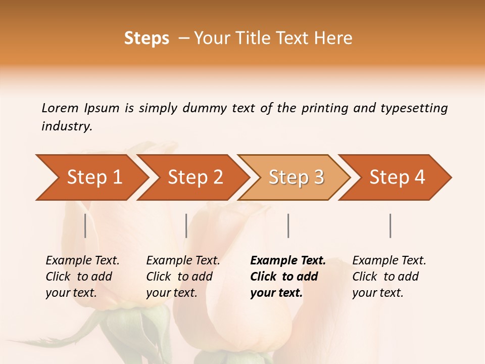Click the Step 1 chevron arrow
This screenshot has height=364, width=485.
pyautogui.click(x=94, y=177)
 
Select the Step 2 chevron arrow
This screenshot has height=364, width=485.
pyautogui.click(x=196, y=177)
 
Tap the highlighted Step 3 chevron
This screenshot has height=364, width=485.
pyautogui.click(x=296, y=177)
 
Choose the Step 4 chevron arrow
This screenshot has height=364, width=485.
pyautogui.click(x=397, y=177)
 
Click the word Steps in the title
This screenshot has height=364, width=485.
pyautogui.click(x=147, y=38)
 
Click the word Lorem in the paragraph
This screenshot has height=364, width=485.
pyautogui.click(x=60, y=108)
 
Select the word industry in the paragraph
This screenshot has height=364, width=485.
pyautogui.click(x=67, y=126)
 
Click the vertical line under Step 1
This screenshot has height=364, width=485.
pyautogui.click(x=85, y=225)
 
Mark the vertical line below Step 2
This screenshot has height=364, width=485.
pyautogui.click(x=186, y=225)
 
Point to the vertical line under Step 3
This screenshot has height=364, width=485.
pyautogui.click(x=288, y=225)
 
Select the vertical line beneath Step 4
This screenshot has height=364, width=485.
pyautogui.click(x=390, y=225)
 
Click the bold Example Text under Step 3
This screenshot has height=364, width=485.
pyautogui.click(x=288, y=261)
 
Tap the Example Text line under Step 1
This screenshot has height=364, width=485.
pyautogui.click(x=82, y=261)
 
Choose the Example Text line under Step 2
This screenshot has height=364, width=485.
pyautogui.click(x=183, y=261)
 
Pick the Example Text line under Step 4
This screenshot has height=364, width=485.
pyautogui.click(x=389, y=261)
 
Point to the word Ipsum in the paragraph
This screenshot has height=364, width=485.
pyautogui.click(x=102, y=108)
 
